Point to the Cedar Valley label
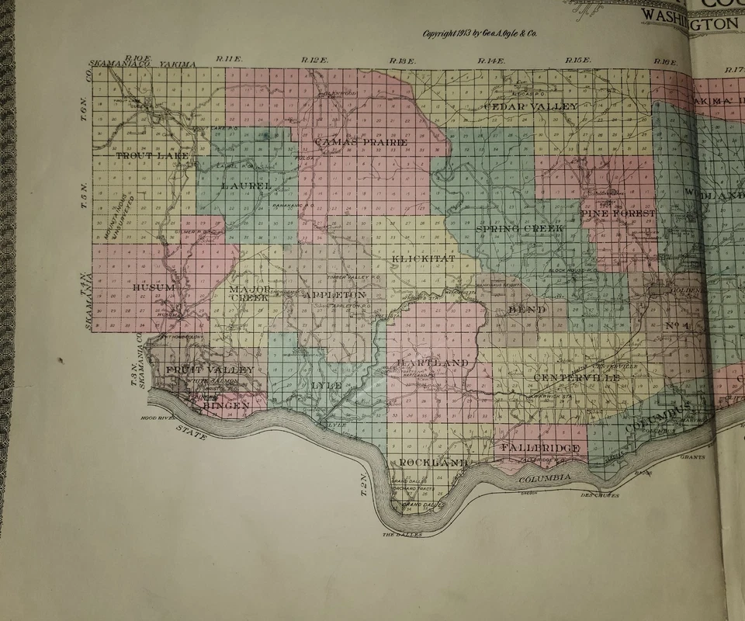531,106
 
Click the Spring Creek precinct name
511,229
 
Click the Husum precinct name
155,287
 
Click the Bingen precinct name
226,405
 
